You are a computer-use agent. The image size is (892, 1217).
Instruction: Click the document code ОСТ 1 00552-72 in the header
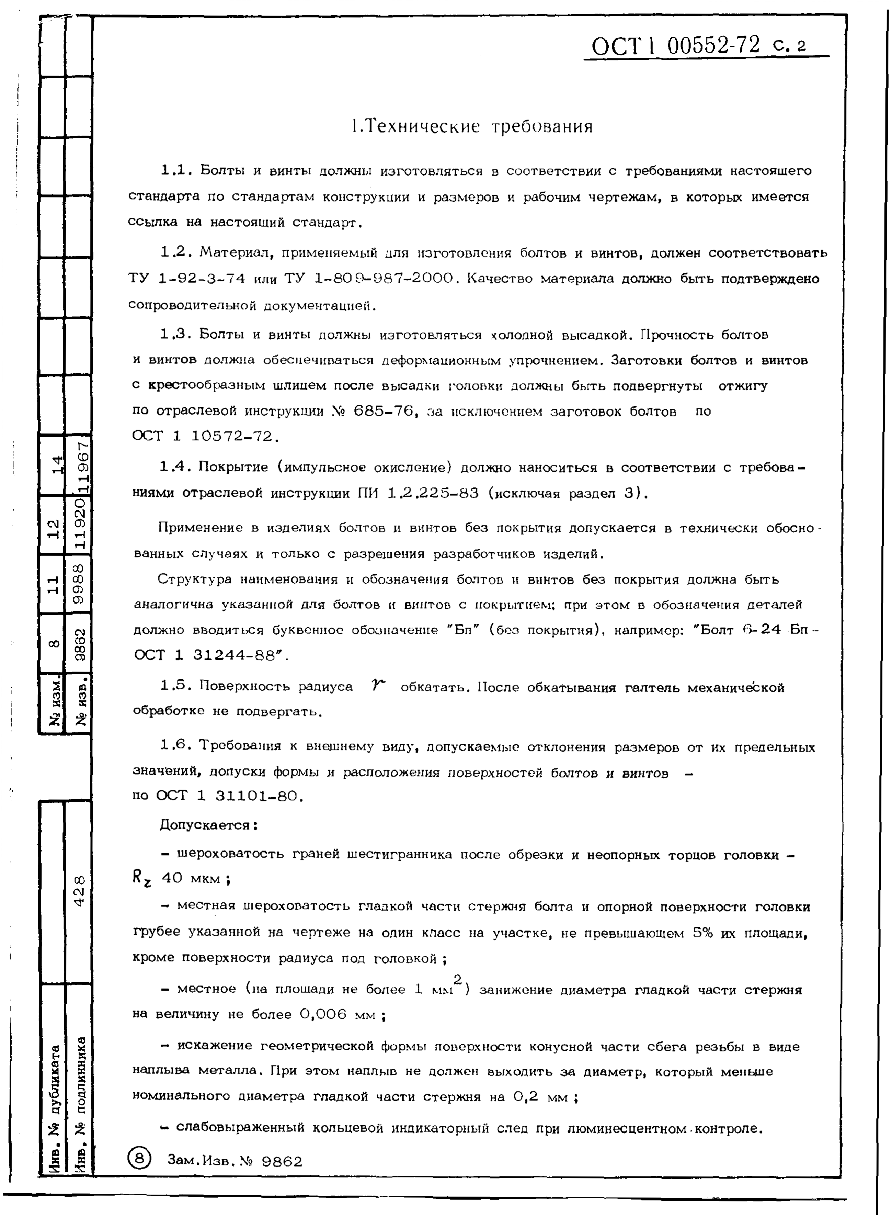(675, 46)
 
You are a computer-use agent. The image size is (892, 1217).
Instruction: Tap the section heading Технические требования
(471, 126)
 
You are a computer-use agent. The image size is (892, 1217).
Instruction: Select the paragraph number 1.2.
(173, 252)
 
